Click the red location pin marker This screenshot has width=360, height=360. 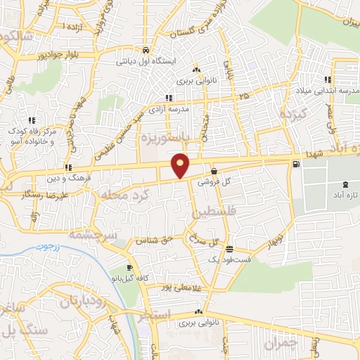(181, 165)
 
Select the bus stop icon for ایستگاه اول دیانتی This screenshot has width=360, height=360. (145, 50)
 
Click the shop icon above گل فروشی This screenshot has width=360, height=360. (214, 170)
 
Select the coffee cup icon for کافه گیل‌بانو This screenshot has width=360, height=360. (130, 268)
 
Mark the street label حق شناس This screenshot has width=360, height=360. (157, 239)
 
